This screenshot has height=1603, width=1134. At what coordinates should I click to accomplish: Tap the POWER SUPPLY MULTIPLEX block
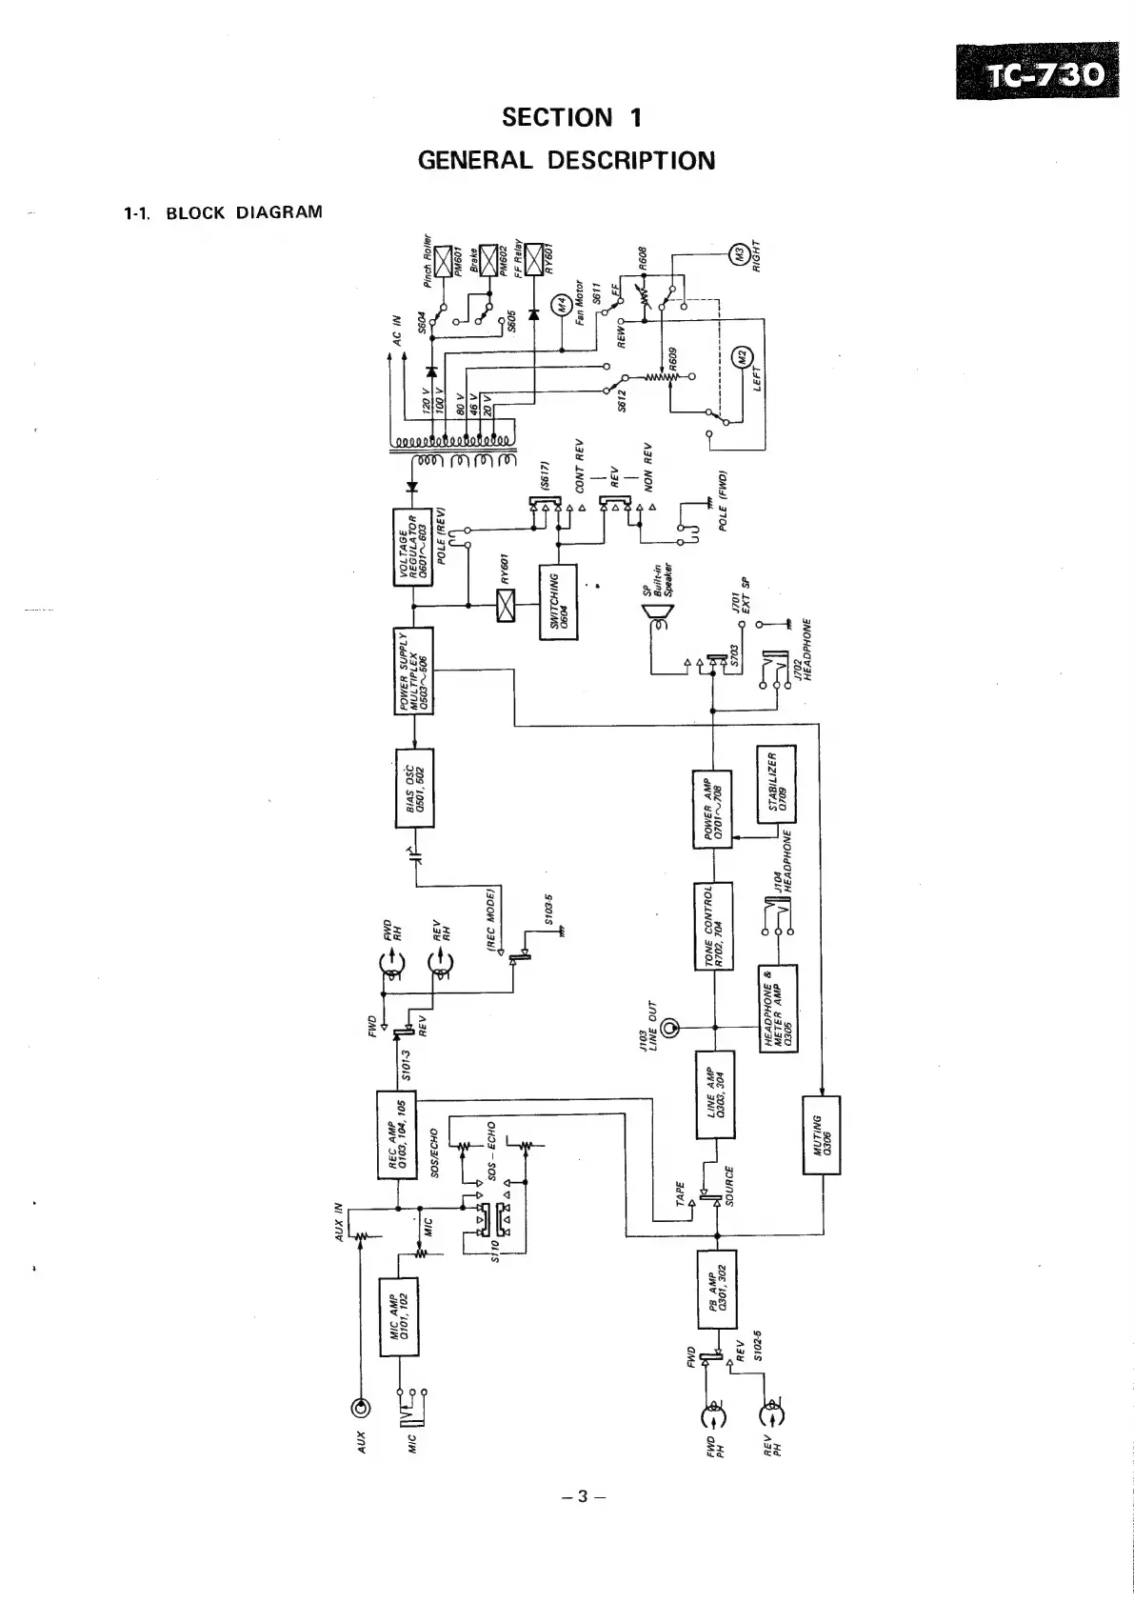pos(413,671)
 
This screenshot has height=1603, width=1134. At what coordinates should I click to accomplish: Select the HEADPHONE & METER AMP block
pos(778,1008)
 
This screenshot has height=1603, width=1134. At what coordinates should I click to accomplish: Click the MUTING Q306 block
pos(821,1134)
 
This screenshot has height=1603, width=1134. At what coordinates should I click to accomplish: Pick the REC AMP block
pos(398,1135)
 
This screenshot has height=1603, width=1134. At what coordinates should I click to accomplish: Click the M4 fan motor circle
pos(562,307)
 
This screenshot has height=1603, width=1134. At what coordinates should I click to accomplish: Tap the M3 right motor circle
pos(738,254)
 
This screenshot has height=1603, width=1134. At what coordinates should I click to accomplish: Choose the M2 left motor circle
pos(739,359)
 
